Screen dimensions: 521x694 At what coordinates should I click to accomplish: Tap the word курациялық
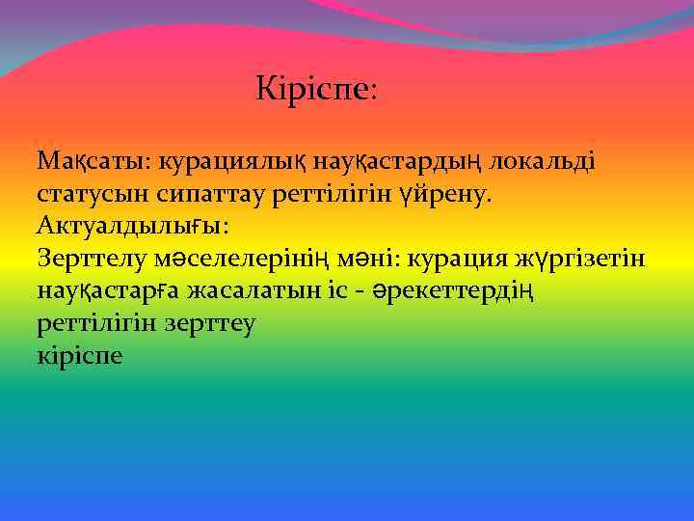pyautogui.click(x=228, y=159)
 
